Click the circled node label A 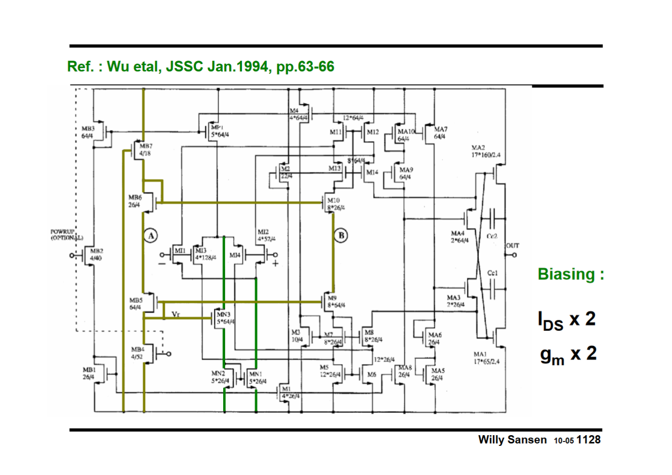151,236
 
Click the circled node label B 341,235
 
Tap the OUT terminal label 512,246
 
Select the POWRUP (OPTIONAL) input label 66,235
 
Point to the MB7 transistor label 146,146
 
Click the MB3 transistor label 88,129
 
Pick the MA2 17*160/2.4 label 485,151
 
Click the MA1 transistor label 480,354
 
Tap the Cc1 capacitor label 492,273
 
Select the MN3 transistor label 224,314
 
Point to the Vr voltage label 176,314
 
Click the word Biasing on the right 566,274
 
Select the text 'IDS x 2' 566,320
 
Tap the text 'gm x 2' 568,355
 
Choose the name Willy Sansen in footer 512,440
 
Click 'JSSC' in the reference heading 185,66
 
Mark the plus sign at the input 275,263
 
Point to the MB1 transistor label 89,370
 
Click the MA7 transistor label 441,129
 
